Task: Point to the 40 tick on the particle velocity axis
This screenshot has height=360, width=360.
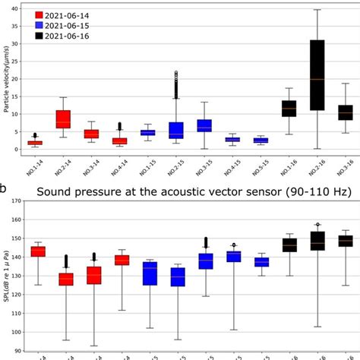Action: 14,8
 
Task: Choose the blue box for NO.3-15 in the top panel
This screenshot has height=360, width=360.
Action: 204,125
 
